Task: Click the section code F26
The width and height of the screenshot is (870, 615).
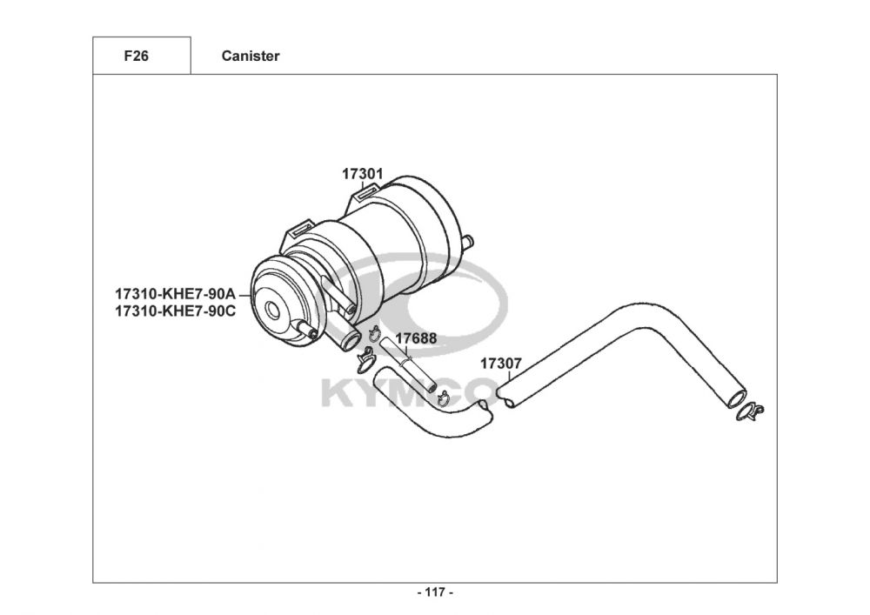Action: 137,57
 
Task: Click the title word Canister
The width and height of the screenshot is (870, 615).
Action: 251,57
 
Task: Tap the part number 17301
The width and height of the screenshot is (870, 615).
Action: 362,174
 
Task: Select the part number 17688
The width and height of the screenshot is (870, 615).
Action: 416,338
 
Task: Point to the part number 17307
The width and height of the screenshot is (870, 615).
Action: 500,364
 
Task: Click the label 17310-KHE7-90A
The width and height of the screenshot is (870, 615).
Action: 175,294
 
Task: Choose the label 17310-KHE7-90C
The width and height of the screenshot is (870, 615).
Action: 175,310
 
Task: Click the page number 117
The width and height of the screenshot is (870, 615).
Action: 435,592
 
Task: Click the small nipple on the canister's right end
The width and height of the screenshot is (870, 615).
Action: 468,241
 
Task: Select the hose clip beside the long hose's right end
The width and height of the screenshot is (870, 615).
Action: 750,411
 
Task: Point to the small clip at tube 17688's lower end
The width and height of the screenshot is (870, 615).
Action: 440,398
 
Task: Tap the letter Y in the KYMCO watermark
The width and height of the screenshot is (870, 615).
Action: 373,393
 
